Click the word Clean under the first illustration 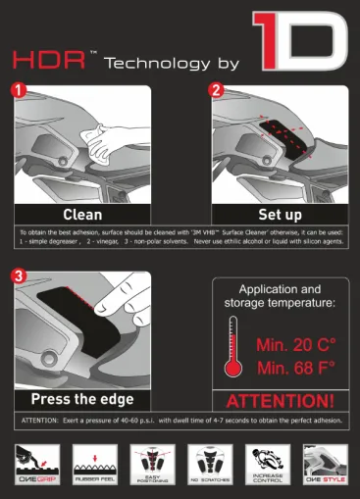[x=82, y=214]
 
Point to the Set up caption [x=281, y=214]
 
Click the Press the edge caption [x=82, y=400]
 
